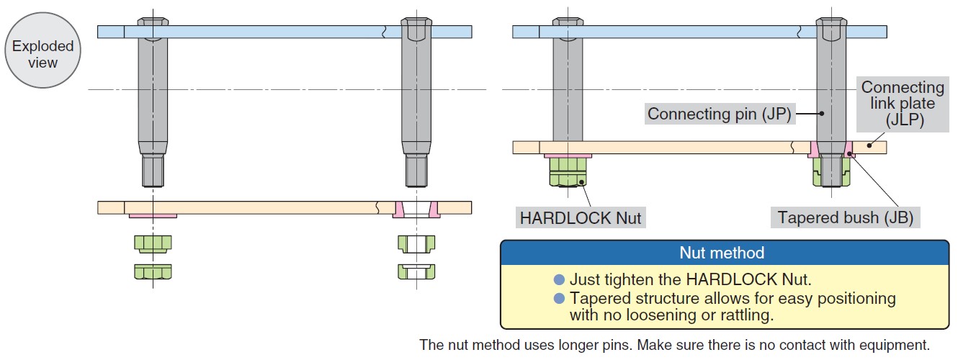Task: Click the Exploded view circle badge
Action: (42, 54)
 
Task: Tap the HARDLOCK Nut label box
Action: (581, 217)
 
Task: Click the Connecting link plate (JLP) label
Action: (903, 104)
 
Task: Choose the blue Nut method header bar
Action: (722, 253)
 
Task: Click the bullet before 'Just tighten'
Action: (559, 279)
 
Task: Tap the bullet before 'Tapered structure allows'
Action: (559, 298)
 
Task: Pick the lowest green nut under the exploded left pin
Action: (153, 271)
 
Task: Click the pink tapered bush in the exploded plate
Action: (398, 209)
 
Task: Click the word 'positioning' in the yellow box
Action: (859, 298)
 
